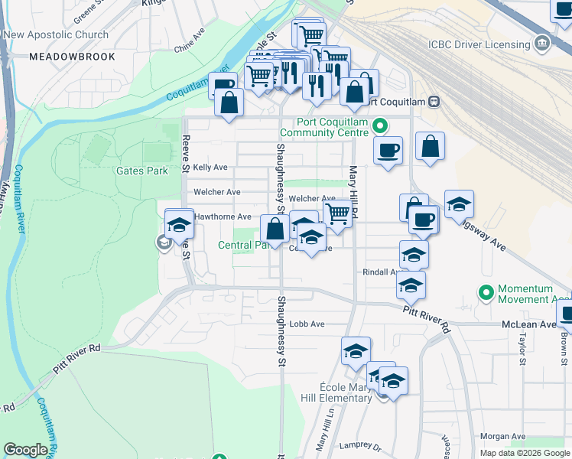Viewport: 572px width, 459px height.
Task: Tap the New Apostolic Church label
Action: [x=56, y=35]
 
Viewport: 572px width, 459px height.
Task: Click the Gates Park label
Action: [x=141, y=171]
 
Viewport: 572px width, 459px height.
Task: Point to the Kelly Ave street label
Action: [x=210, y=167]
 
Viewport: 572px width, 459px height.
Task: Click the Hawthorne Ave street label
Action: [x=223, y=216]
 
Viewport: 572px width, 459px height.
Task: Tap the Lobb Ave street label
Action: [x=307, y=324]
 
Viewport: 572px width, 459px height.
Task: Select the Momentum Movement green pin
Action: [x=485, y=292]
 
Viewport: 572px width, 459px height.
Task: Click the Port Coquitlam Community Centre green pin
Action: [x=379, y=125]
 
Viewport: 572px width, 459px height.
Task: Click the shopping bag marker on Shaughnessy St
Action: [x=275, y=227]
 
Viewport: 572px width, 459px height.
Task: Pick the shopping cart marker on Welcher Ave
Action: [x=337, y=215]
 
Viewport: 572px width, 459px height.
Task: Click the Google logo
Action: [x=25, y=450]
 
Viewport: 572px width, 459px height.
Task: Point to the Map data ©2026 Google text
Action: [x=525, y=453]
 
